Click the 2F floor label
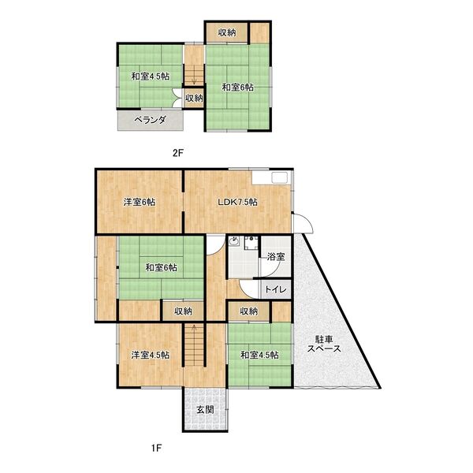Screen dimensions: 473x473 click(178, 153)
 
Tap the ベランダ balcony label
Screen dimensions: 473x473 click(151, 120)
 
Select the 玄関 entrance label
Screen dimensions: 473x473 click(206, 409)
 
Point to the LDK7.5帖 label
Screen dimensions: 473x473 click(238, 202)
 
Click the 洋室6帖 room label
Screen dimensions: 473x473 click(140, 202)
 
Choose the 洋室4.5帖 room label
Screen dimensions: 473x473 click(150, 355)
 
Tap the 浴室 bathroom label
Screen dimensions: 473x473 click(276, 256)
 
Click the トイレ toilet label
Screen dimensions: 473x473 click(275, 289)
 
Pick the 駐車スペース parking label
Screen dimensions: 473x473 click(324, 344)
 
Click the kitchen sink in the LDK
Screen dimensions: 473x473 click(280, 177)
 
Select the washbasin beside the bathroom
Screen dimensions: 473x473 click(234, 241)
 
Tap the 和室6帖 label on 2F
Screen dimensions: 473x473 click(238, 88)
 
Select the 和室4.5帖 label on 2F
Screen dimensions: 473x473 click(150, 76)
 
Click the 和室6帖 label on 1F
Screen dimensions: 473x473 click(161, 267)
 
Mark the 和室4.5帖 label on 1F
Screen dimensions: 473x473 click(259, 355)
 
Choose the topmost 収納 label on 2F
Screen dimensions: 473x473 click(227, 32)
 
